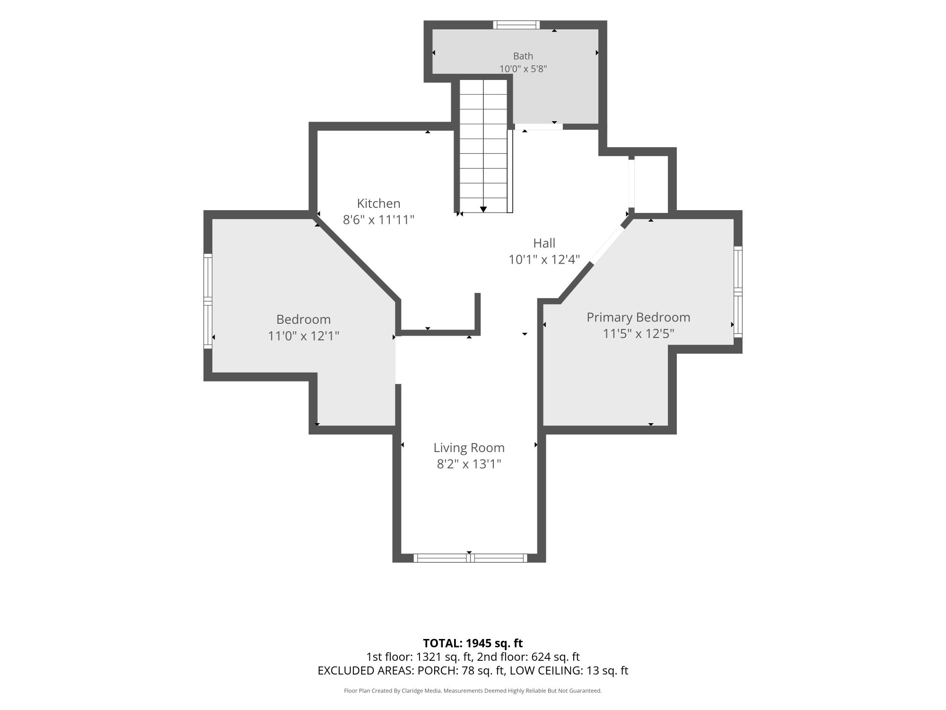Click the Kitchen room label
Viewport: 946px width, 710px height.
[378, 204]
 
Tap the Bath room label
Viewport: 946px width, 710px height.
[523, 56]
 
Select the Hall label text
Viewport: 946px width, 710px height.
[544, 243]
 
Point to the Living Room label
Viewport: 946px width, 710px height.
[469, 448]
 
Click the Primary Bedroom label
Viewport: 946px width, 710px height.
[639, 317]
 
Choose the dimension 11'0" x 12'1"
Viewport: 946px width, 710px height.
[304, 336]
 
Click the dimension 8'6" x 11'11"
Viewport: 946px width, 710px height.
[378, 220]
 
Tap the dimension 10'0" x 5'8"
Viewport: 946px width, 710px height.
[523, 69]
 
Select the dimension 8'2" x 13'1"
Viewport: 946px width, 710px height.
[469, 464]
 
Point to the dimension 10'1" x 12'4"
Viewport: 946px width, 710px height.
[544, 260]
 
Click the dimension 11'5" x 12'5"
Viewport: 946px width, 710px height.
[639, 334]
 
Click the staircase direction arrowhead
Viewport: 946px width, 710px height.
[483, 209]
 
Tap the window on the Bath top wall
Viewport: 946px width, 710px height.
[516, 25]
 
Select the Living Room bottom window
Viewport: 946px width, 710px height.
[470, 558]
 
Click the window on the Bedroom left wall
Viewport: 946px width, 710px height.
[208, 301]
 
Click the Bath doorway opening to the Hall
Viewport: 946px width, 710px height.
[539, 126]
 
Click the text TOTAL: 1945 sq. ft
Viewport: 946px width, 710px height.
[473, 643]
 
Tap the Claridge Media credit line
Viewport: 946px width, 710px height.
[473, 691]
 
